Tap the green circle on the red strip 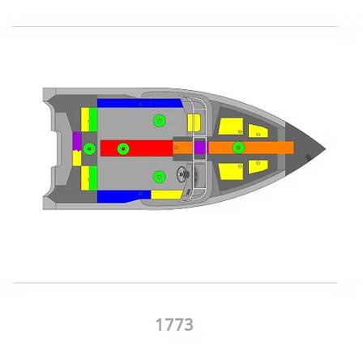[x=123, y=148]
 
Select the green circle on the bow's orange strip [x=238, y=148]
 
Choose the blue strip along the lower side [x=122, y=195]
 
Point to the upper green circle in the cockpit [x=159, y=121]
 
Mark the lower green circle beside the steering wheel [x=159, y=176]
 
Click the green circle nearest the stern [x=89, y=148]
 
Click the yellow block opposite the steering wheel [x=193, y=123]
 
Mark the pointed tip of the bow [x=325, y=148]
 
